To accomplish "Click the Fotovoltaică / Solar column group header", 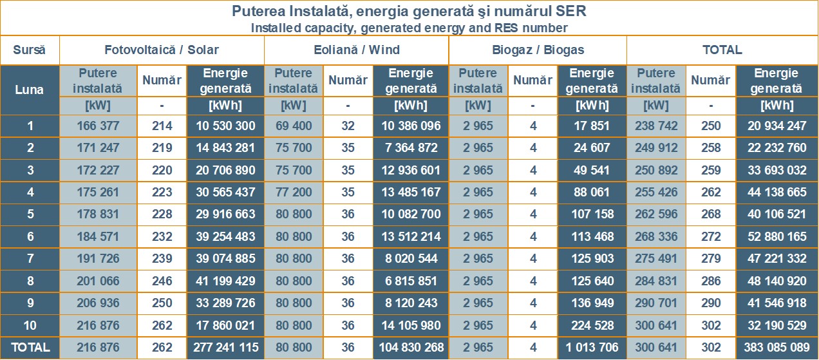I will coord(162,50).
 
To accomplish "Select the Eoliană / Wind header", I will coord(356,50).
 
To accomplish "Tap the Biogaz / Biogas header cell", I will coord(537,50).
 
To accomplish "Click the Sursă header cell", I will coord(30,50).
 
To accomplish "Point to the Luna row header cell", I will coord(30,90).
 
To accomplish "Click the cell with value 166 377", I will coord(98,126).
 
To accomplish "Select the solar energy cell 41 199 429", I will coord(225,281).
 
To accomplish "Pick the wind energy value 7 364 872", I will coord(410,148).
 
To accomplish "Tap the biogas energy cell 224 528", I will coord(592,325).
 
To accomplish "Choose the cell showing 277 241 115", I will coord(225,348).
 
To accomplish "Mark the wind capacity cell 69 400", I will coord(293,126).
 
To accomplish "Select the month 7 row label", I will coord(30,259).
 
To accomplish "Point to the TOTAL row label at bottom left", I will coord(30,348).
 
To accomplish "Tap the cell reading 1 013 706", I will coord(592,348).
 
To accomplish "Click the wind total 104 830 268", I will coord(410,348).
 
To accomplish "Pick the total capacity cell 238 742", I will coord(656,126).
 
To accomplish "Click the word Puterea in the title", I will coord(257,12).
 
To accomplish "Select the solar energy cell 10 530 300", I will coord(225,126).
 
